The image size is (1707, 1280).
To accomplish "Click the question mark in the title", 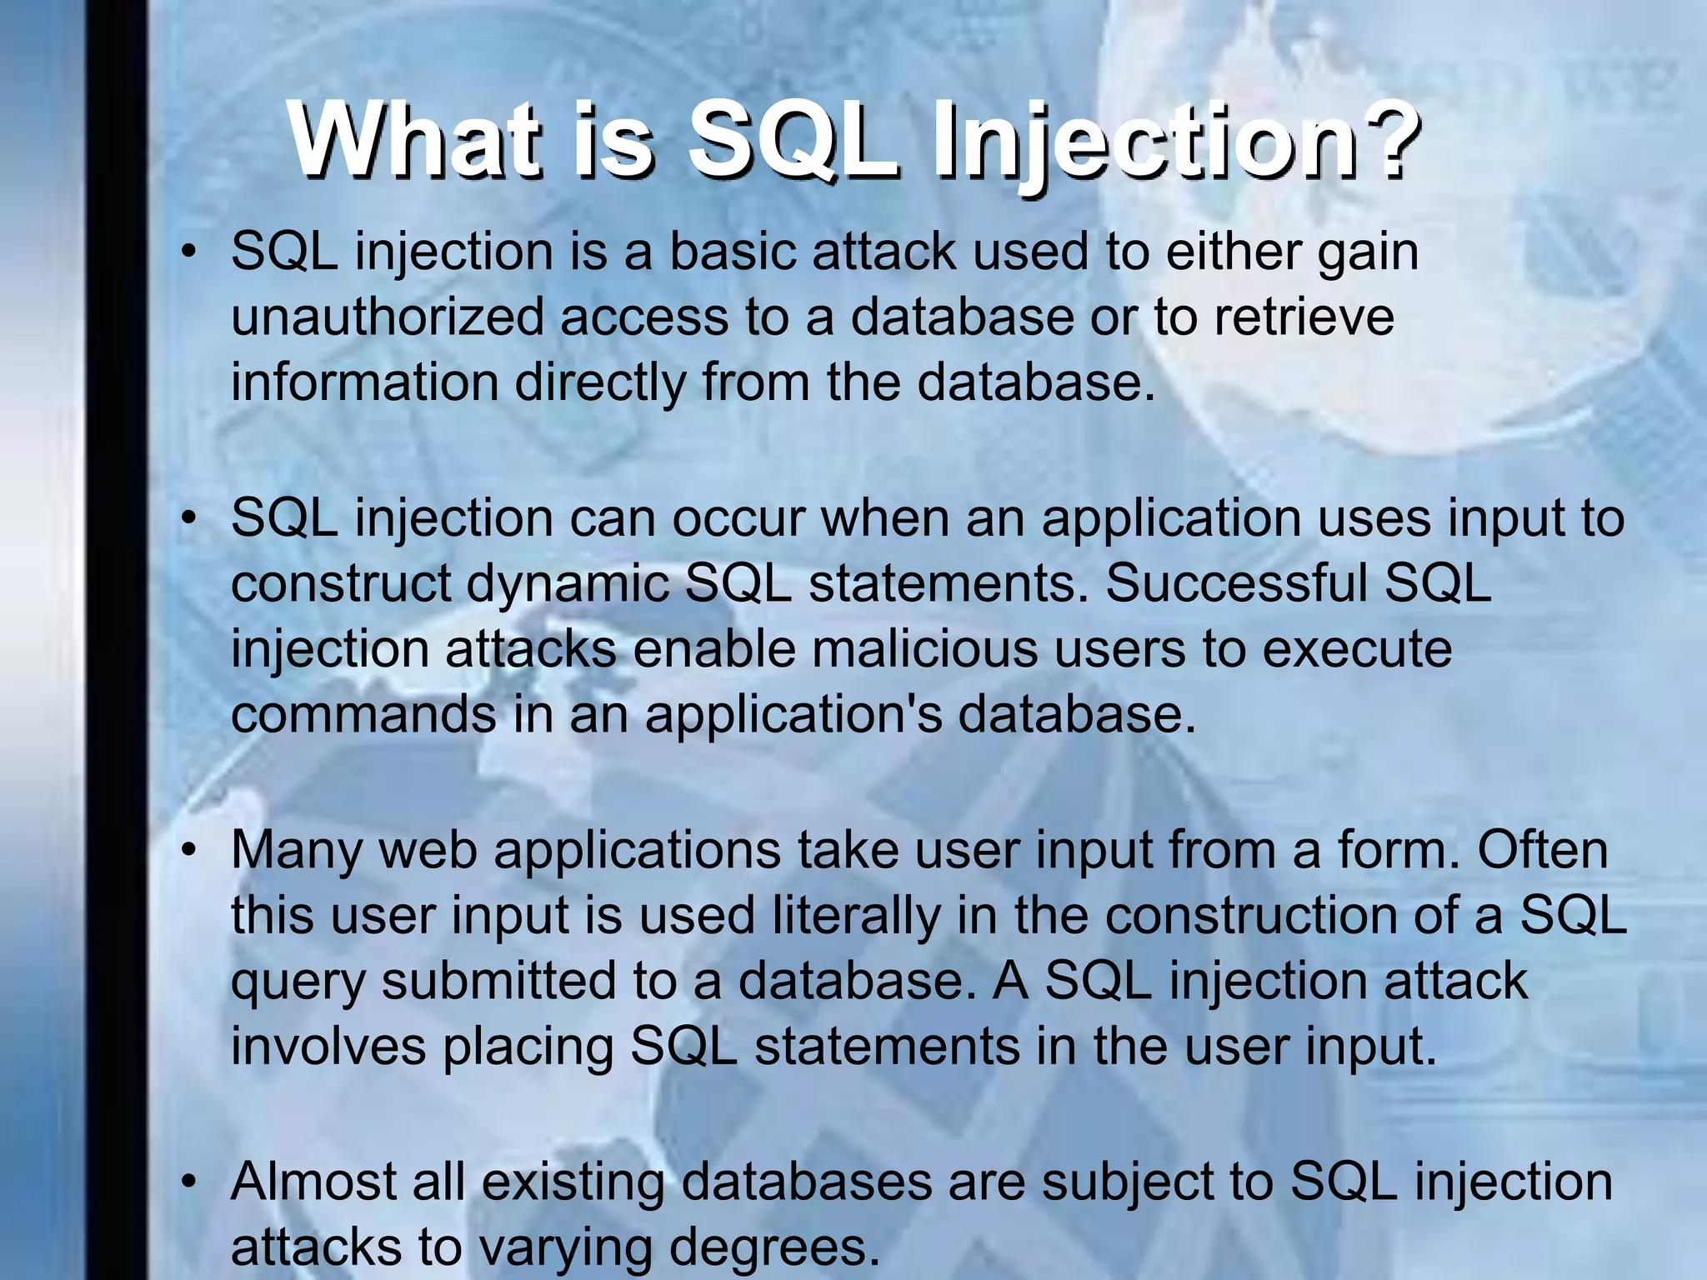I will (x=1380, y=140).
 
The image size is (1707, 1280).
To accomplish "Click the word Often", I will (x=1542, y=850).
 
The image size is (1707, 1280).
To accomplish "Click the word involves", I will (x=328, y=1047).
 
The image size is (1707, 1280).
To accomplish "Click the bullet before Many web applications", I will (x=190, y=851).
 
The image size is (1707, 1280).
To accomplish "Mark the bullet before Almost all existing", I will (x=190, y=1182).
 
